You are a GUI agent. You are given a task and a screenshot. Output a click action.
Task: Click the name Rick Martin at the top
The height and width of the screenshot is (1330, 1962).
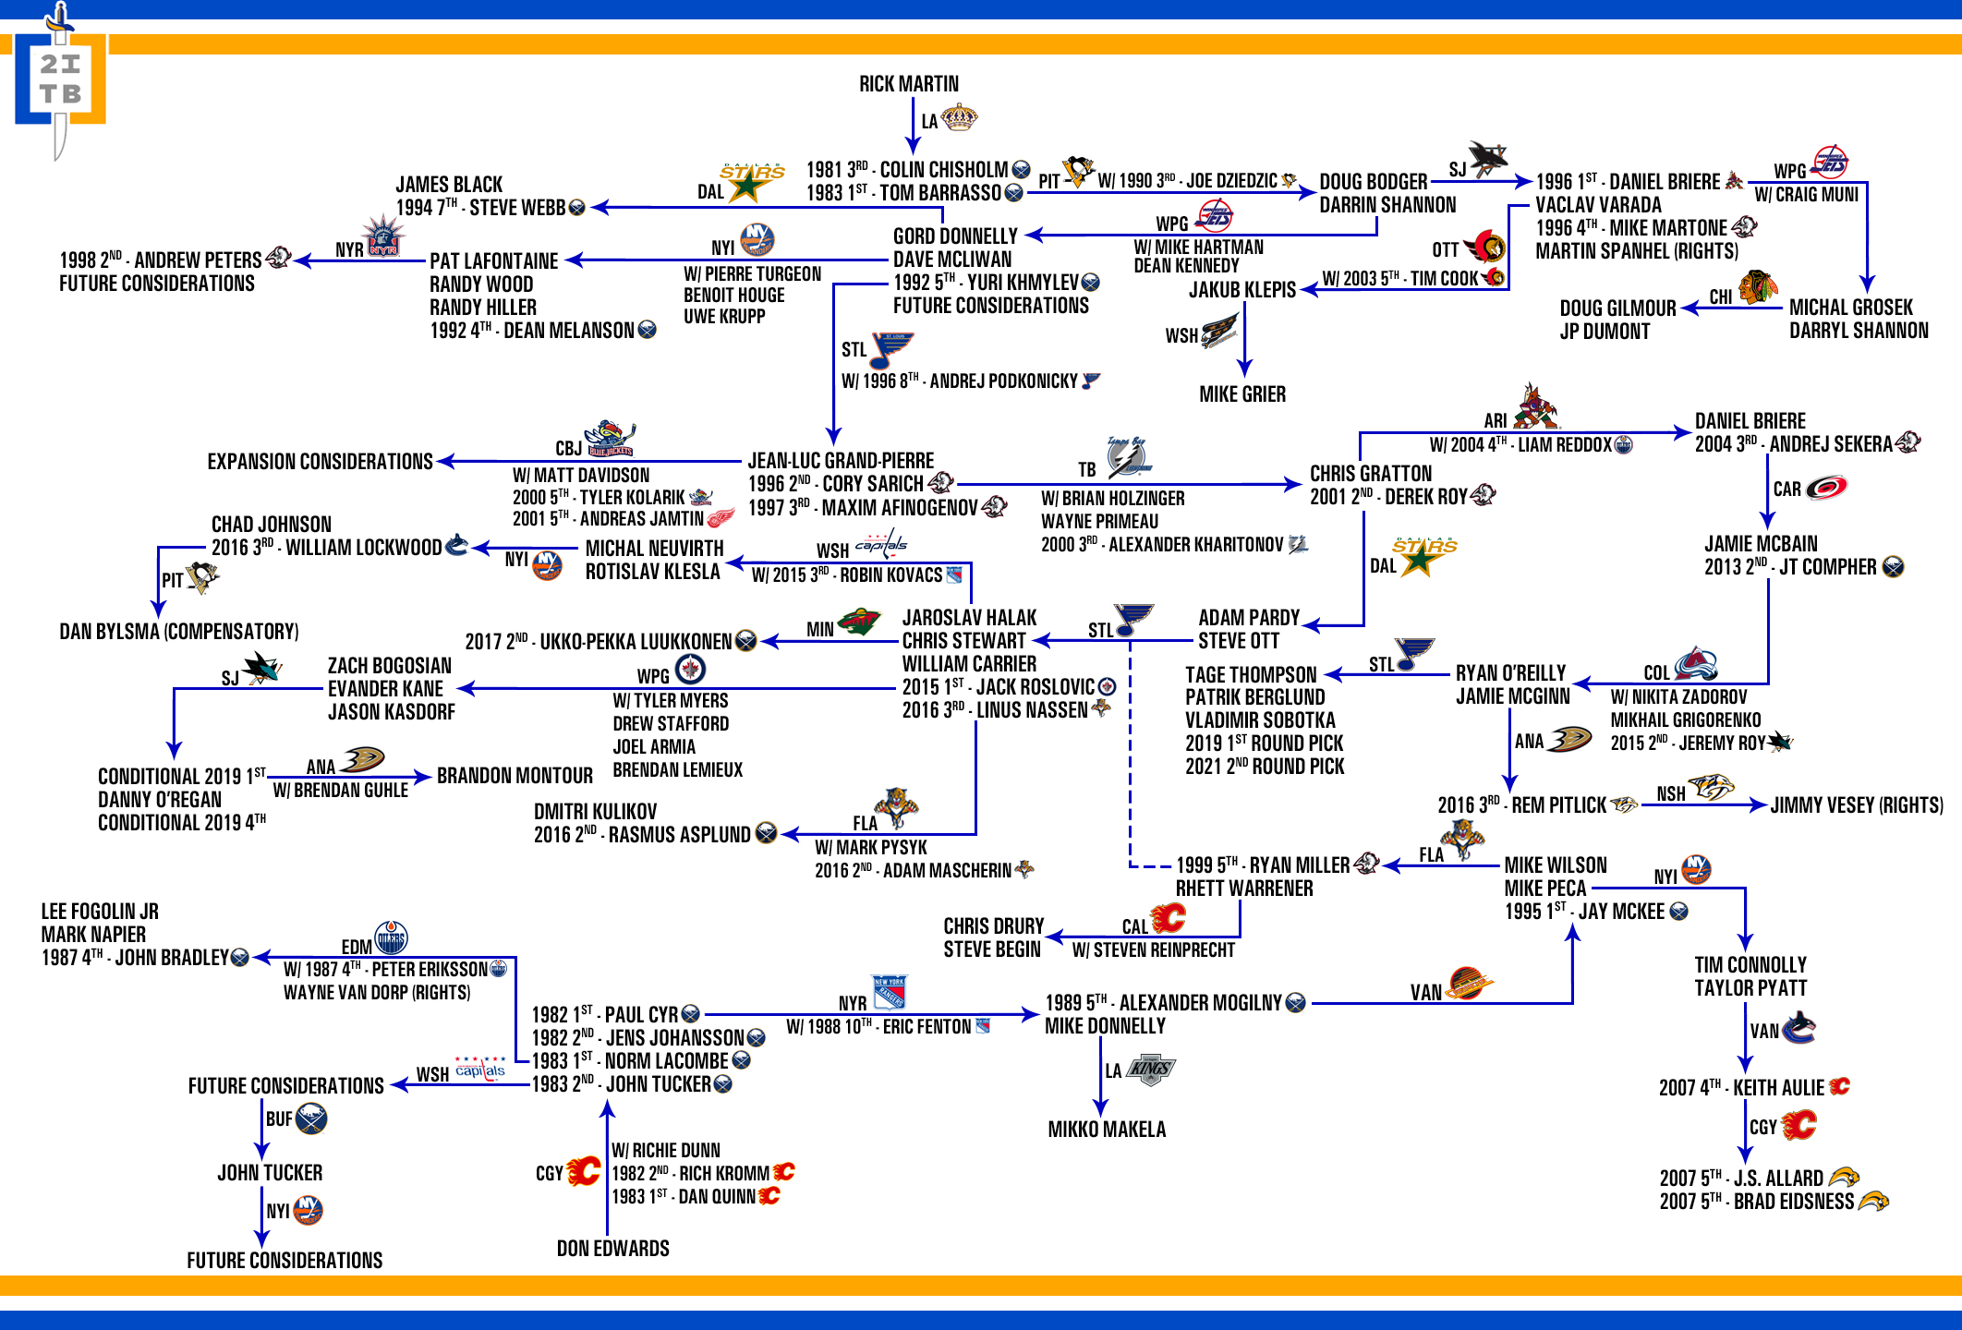coord(909,84)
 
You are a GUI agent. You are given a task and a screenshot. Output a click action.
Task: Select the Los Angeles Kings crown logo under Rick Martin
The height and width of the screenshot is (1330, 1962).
coord(959,118)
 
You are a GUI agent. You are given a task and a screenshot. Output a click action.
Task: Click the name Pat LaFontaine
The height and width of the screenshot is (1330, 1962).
coord(494,261)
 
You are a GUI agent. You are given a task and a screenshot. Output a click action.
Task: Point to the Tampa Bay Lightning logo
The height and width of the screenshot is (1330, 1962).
coord(1128,458)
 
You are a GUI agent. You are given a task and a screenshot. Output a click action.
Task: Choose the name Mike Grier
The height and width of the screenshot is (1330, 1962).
coord(1242,394)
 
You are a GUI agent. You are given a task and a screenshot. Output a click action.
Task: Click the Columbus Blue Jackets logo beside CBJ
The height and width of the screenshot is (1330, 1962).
coord(610,440)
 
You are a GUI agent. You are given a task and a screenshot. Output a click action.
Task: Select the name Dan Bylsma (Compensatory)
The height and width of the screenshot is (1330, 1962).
coord(179,632)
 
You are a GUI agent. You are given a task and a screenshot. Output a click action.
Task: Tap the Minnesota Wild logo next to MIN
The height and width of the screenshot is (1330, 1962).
coord(859,623)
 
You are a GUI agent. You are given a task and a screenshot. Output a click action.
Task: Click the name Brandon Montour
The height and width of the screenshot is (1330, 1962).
coord(515,776)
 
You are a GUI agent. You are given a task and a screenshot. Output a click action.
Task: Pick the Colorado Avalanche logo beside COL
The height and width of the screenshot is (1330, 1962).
coord(1696,664)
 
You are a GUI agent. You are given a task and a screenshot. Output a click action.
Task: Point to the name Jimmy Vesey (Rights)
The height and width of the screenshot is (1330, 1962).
coord(1857,805)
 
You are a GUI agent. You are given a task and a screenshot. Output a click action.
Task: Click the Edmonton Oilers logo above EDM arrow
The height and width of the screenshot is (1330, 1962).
coord(391,937)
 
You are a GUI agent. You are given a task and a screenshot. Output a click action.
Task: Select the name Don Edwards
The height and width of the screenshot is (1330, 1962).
coord(613,1249)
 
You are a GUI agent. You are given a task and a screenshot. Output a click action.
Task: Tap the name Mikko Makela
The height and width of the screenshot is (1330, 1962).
coord(1107,1130)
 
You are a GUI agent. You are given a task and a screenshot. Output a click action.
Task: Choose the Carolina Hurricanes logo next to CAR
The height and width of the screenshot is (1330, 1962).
coord(1826,487)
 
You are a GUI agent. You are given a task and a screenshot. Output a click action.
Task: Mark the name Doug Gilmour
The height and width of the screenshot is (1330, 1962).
coord(1617,308)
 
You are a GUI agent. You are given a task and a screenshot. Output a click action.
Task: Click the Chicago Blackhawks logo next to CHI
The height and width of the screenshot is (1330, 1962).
coord(1758,287)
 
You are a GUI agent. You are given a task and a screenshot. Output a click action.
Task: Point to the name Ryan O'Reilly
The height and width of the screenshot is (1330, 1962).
coord(1510,673)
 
